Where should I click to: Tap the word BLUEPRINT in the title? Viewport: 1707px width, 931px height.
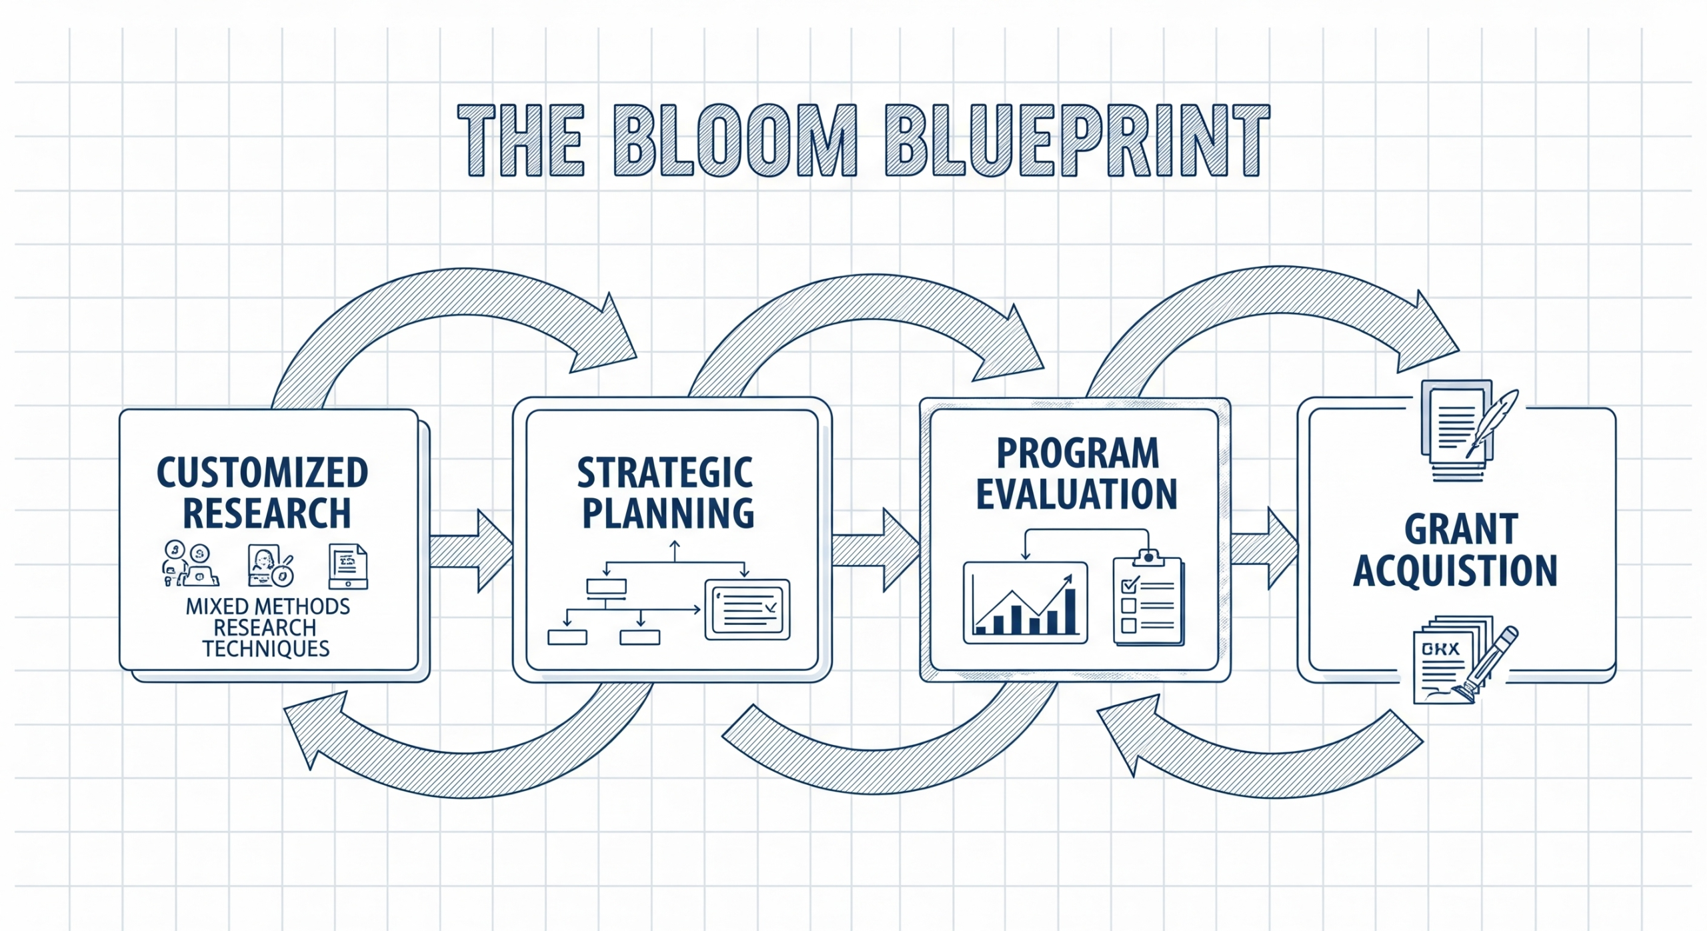(x=1077, y=141)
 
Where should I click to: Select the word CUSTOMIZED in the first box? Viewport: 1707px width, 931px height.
(x=262, y=473)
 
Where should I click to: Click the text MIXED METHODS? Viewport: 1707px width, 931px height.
(x=267, y=606)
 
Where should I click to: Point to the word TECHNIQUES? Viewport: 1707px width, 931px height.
(x=266, y=649)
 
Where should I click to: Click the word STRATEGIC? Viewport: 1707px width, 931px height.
(x=665, y=473)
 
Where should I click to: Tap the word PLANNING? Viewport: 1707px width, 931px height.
(x=667, y=513)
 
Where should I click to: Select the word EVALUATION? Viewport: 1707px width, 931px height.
(x=1076, y=494)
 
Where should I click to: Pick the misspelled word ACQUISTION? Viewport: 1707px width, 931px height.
(x=1455, y=571)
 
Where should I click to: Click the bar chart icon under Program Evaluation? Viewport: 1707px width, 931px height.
(x=1025, y=603)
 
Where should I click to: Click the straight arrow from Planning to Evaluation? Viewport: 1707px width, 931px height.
(x=876, y=550)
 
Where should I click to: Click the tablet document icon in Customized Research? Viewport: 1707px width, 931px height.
(x=347, y=566)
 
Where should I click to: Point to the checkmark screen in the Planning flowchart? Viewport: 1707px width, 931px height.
(x=747, y=609)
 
